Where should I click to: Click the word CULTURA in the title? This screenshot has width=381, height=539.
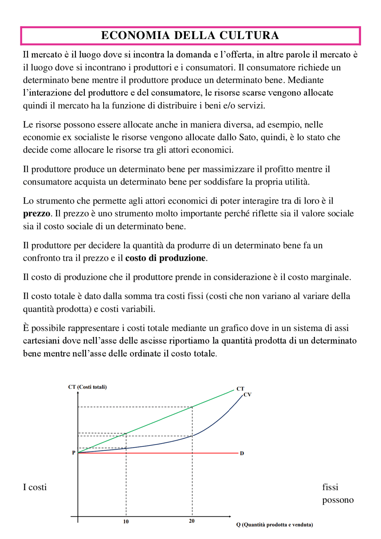pos(249,35)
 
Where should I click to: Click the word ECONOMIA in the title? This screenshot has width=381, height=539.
pos(135,35)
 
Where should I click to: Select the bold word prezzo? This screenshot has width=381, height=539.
pos(36,213)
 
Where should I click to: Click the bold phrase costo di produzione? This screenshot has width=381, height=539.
pos(165,258)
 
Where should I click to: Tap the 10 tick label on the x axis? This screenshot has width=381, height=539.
pos(126,521)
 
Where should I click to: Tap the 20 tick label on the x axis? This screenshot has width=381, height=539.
pos(192,521)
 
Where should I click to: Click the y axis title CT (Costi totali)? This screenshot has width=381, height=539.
pos(87,387)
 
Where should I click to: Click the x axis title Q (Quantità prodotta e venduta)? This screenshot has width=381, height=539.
pos(274,525)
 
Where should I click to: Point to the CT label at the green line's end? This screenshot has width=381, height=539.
pos(240,389)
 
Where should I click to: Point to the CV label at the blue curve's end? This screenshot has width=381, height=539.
pos(247,395)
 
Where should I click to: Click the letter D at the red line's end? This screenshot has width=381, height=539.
pos(242,453)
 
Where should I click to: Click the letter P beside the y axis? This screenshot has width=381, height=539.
pos(74,453)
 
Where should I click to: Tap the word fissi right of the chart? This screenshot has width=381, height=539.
pos(330,487)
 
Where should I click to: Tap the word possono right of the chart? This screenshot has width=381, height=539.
pos(338,500)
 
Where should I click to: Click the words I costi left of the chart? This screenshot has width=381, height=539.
pos(35,487)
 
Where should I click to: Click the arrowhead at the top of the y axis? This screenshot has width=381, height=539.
pos(78,393)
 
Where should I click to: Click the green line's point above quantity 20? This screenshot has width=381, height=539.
pos(192,407)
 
